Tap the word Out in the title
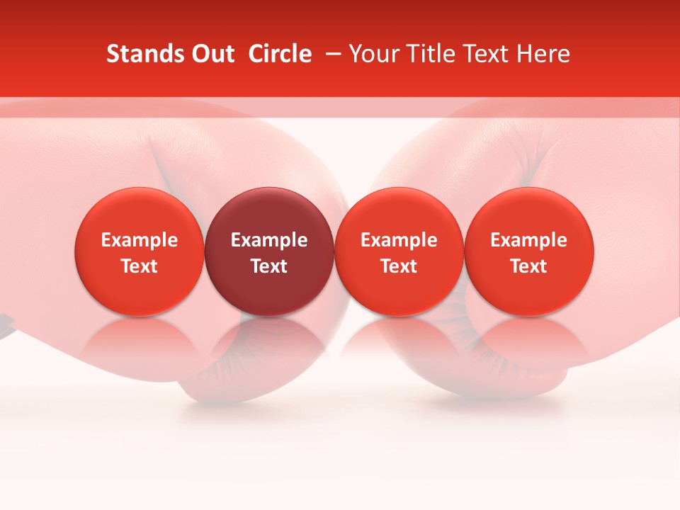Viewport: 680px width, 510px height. click(x=212, y=54)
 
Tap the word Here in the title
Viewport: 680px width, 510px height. click(x=543, y=54)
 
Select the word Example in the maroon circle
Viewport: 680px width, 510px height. click(x=269, y=240)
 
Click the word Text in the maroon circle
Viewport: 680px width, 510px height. click(x=269, y=266)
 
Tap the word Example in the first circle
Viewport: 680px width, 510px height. click(x=140, y=240)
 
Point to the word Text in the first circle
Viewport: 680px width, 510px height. click(x=140, y=266)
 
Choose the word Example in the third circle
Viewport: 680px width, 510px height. click(x=399, y=240)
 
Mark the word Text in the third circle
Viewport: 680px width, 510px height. click(x=399, y=266)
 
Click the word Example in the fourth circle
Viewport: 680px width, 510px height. click(x=528, y=240)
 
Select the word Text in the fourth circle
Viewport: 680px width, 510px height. click(x=528, y=266)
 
